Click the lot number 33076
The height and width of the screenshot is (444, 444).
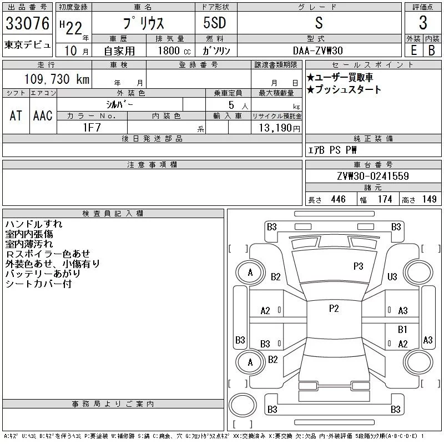point(27,23)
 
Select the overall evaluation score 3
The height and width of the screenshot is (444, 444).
point(423,23)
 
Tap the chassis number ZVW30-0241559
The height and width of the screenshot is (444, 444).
point(372,176)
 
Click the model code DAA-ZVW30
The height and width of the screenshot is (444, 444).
point(318,50)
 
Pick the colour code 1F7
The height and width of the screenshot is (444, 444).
point(92,127)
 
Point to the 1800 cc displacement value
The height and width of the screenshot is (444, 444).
point(170,50)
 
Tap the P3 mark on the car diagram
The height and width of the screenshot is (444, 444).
point(358,266)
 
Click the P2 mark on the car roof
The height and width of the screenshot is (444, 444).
point(334,309)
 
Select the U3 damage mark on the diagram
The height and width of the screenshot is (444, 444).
point(392,276)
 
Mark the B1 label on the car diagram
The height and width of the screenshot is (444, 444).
point(403,329)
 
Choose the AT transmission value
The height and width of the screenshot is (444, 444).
point(16,115)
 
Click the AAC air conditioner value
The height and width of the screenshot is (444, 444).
point(43,115)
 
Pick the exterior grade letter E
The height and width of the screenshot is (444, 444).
point(413,50)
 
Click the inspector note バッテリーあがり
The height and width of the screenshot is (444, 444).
point(43,274)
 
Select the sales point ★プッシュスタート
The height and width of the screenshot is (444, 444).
point(344,89)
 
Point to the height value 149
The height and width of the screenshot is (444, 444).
point(429,199)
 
